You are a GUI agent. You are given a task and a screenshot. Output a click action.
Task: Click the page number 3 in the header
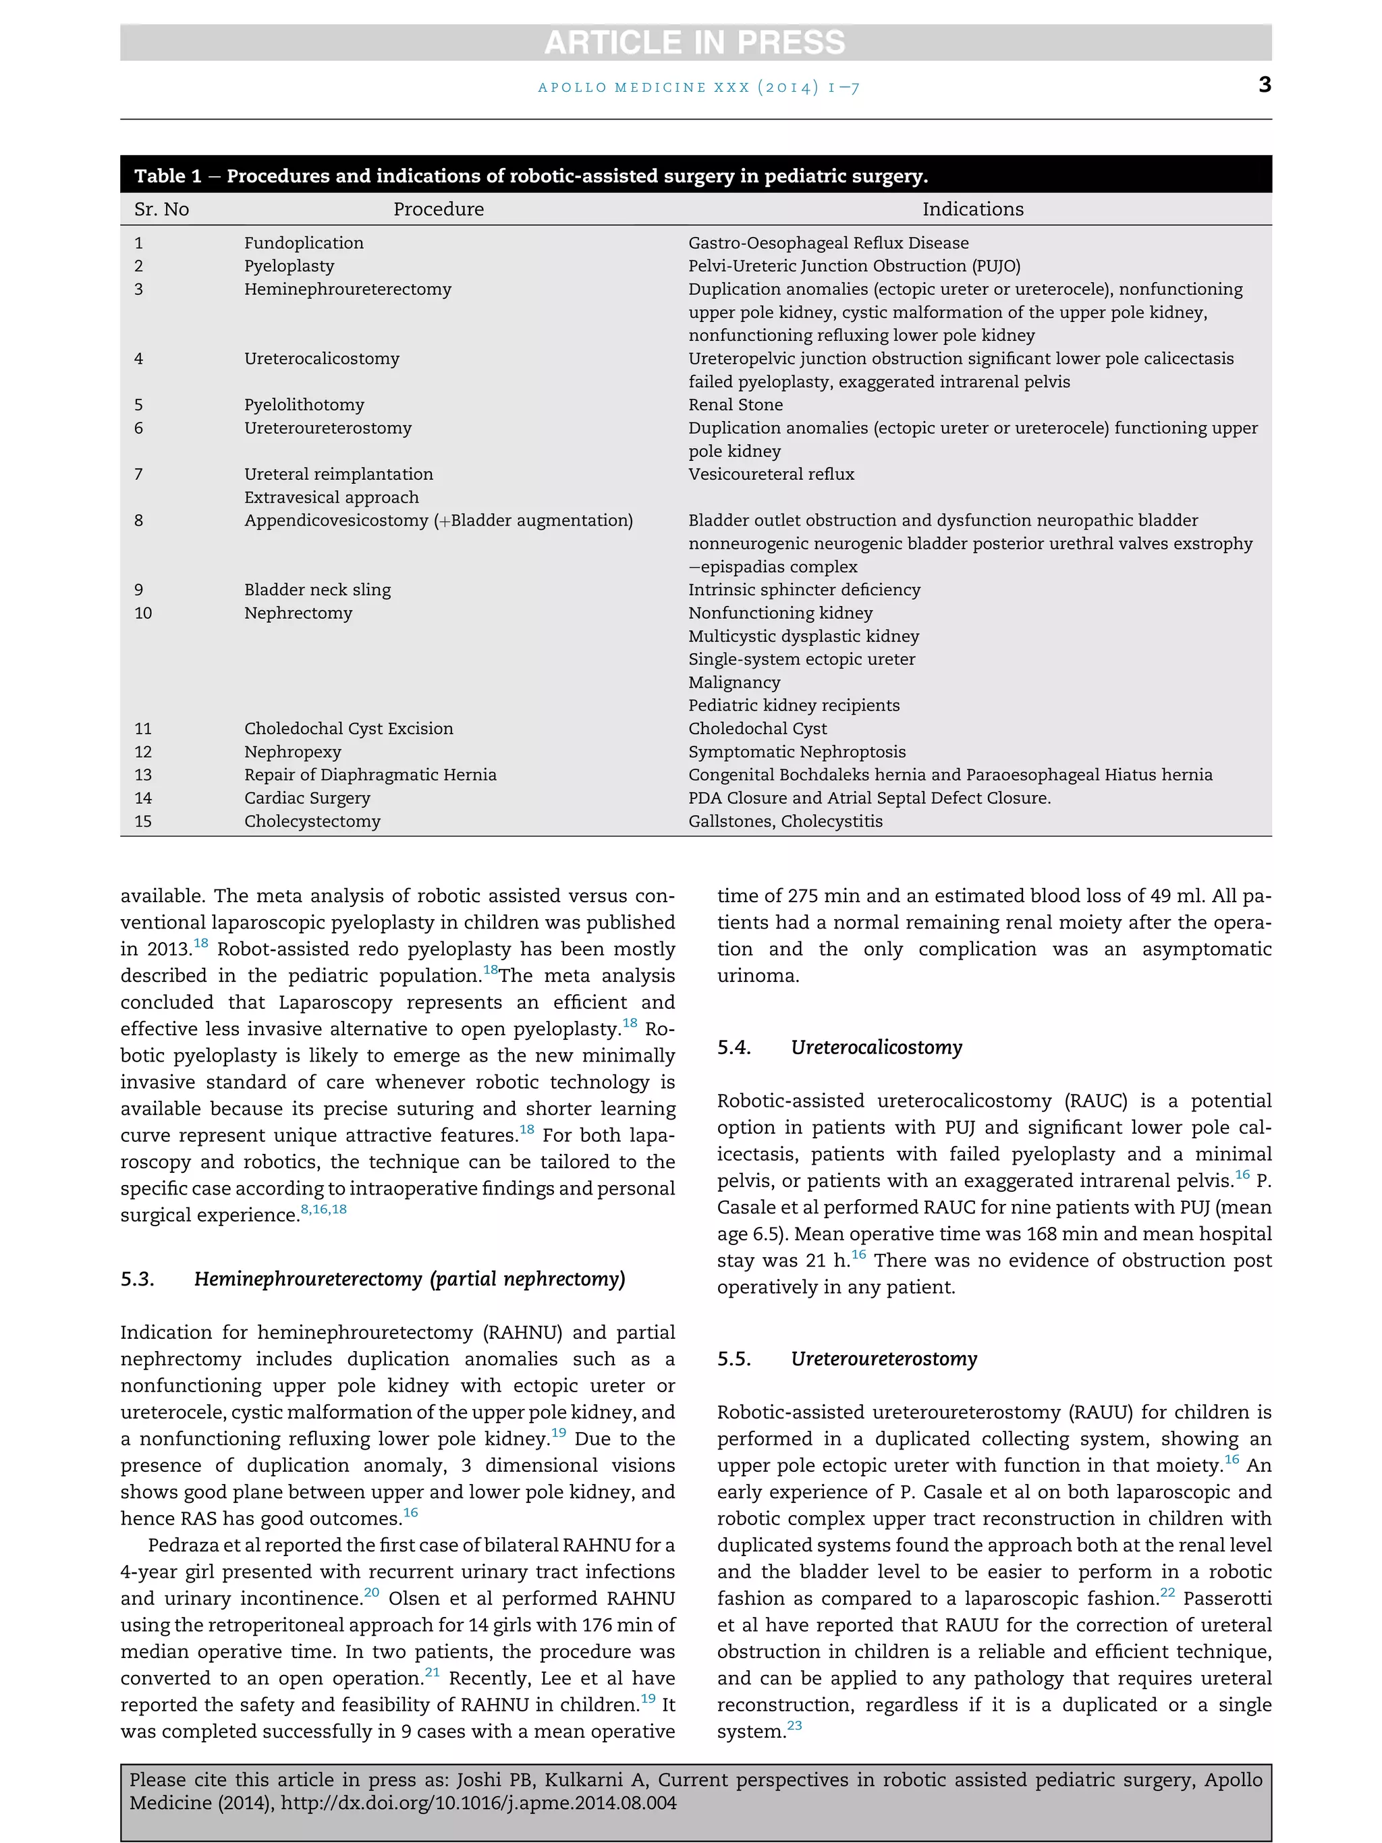[x=1264, y=84]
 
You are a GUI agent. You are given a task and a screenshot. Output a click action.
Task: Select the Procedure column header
[x=438, y=209]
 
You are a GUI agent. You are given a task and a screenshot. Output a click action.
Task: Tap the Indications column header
[x=972, y=209]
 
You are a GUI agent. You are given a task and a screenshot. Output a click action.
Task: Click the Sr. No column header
[x=161, y=209]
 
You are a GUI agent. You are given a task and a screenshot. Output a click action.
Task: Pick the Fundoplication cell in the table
[x=303, y=242]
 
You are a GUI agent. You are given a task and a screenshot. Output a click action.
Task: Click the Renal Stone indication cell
[x=735, y=404]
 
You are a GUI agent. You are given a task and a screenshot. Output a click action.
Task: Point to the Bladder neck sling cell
[x=316, y=589]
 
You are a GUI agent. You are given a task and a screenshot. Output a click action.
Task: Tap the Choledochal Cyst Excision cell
[x=348, y=728]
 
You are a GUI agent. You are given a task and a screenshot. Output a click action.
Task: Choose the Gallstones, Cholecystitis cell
[x=785, y=821]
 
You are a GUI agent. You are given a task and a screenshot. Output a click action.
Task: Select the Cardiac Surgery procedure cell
[x=306, y=798]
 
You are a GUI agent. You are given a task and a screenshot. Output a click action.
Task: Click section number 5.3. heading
[x=138, y=1279]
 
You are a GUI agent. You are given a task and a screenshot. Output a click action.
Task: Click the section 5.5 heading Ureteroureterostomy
[x=883, y=1359]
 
